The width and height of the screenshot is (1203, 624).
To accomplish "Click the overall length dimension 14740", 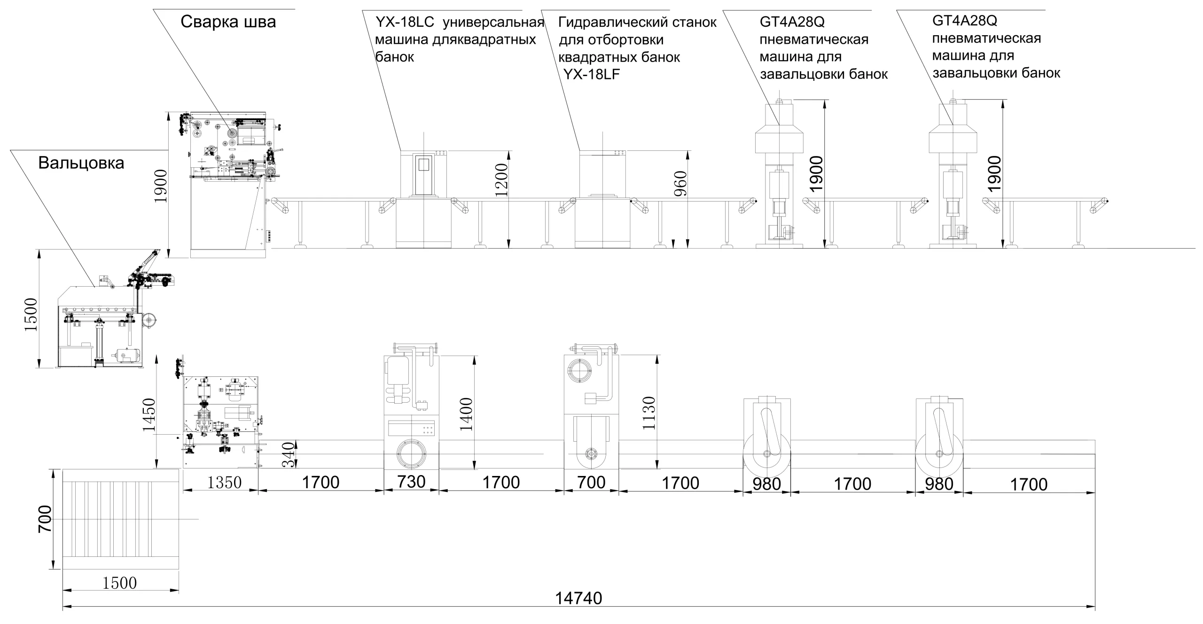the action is coord(578,598).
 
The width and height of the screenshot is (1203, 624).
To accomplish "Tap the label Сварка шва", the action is coord(228,22).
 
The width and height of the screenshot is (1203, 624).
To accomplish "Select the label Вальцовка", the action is coord(81,163).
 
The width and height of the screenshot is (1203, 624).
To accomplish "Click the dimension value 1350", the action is coord(225,482).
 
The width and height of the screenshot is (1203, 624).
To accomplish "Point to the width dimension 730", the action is coord(411,482).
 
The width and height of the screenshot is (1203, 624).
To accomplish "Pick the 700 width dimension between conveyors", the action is coord(591,482).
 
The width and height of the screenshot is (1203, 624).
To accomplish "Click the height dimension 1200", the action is coord(501,179).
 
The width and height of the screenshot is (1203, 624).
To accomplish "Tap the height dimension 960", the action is coord(680,183).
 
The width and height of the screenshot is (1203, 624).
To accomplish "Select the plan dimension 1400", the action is coord(467,414).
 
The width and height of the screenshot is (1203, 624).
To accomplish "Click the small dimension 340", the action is coord(289,454).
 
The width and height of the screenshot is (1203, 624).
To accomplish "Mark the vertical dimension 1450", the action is coord(149,415).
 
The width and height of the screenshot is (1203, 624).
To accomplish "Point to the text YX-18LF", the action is coord(592,74).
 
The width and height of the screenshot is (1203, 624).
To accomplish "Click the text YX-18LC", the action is coord(405,22).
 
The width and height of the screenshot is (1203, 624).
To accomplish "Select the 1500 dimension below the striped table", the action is coord(120,583).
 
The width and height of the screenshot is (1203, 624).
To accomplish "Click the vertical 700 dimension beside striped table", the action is coord(44,520).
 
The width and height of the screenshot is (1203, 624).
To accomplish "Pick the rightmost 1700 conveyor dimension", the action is coord(1029,484).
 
